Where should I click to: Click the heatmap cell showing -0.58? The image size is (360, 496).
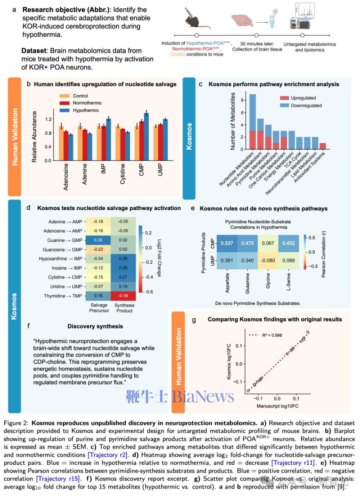tap(123, 296)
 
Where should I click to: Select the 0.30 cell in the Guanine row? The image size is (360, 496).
tap(98, 240)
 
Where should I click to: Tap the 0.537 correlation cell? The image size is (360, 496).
tap(227, 243)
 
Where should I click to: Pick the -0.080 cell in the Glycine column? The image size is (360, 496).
tap(268, 260)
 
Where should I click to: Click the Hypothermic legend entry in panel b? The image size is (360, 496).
tap(86, 110)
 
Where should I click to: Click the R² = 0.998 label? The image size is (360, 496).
tap(272, 335)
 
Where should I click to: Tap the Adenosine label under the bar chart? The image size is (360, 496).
tap(66, 176)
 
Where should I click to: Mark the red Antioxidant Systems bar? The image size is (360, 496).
tap(323, 146)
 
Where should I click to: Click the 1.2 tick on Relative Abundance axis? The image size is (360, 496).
tap(48, 119)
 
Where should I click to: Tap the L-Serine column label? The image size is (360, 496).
tap(288, 282)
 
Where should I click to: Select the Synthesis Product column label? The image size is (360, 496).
tap(124, 308)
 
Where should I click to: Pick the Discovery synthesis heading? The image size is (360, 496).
tap(95, 326)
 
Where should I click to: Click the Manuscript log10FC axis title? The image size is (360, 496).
tap(277, 406)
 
